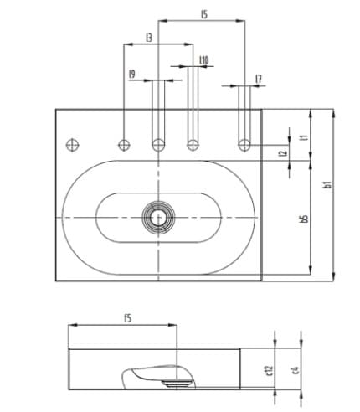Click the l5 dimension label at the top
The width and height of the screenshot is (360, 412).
(203, 14)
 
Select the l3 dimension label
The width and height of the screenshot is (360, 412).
(148, 38)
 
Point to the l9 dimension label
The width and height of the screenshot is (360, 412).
(132, 74)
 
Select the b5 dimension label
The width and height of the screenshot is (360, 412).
(305, 218)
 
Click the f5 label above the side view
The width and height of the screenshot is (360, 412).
(127, 317)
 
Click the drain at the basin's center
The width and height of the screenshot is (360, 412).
(157, 217)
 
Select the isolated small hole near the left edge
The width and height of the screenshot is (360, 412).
(71, 142)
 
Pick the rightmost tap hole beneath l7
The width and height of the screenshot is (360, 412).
(244, 144)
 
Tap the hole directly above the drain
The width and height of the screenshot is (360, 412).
(157, 144)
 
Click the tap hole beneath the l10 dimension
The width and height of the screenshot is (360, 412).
(193, 144)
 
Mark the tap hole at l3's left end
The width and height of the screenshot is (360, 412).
(124, 144)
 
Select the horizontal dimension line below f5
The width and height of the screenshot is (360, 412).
(123, 327)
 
